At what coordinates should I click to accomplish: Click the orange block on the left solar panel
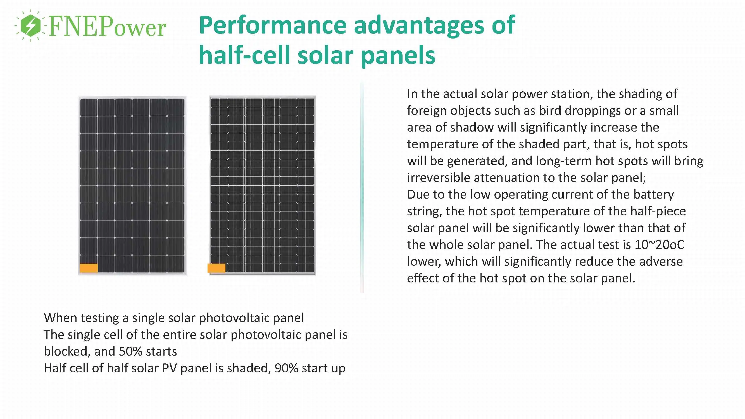89,268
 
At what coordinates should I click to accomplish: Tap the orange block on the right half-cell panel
216,268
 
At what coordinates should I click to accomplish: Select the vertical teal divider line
362,188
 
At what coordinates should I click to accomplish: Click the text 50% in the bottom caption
130,351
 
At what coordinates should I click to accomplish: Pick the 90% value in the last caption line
286,368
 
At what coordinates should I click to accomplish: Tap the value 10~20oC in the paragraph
659,245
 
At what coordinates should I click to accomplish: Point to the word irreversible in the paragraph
438,178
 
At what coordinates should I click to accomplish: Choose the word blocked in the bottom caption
67,351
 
